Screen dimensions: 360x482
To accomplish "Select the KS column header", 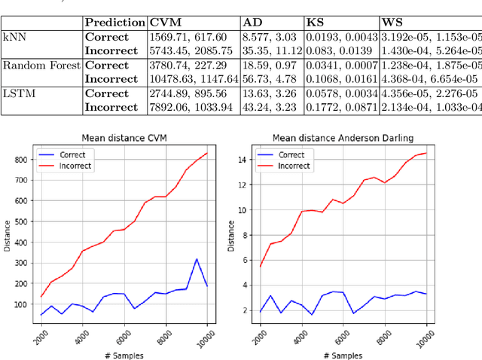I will pyautogui.click(x=315, y=23).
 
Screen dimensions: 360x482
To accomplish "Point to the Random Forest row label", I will pyautogui.click(x=41, y=65).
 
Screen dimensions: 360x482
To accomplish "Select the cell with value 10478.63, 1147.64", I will pyautogui.click(x=194, y=78).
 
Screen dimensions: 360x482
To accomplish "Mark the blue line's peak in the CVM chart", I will pyautogui.click(x=196, y=259).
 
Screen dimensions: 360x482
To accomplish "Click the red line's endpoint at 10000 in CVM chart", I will pyautogui.click(x=207, y=153).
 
